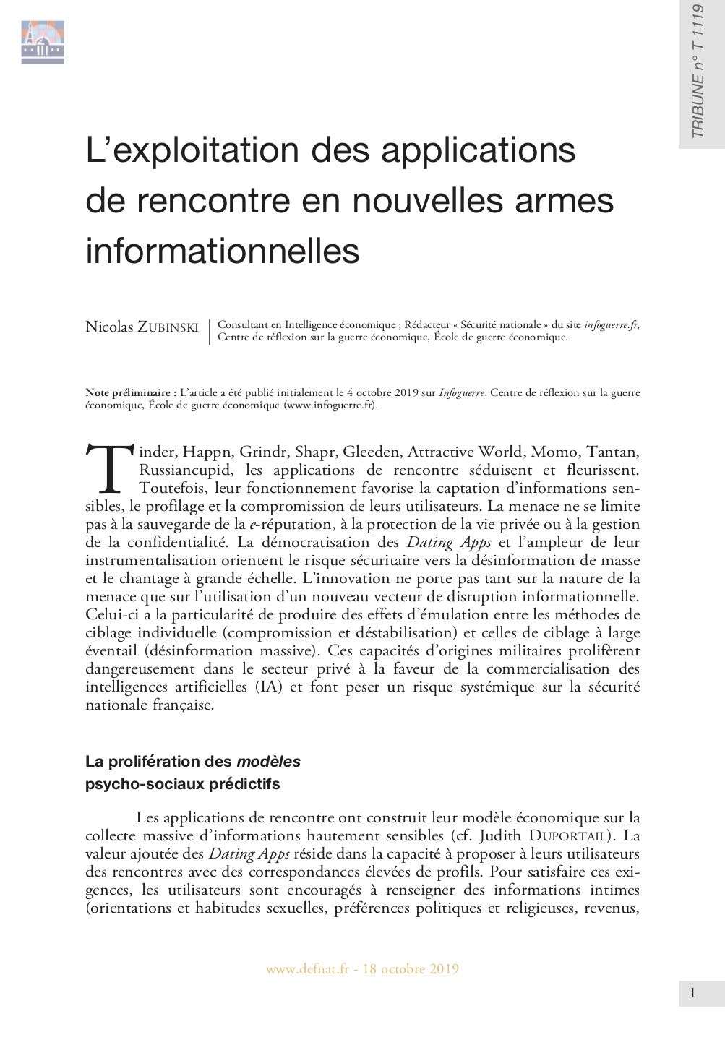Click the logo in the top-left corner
click(42, 42)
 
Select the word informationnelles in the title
click(223, 251)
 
